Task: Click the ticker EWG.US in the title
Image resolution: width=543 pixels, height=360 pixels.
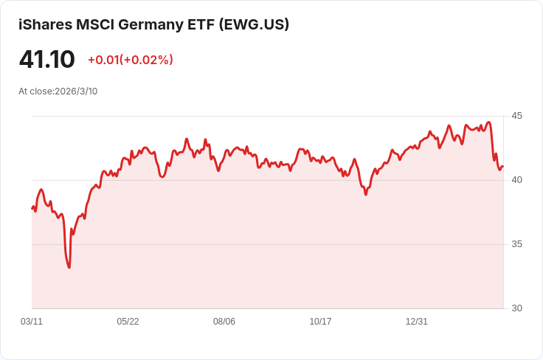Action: (x=253, y=24)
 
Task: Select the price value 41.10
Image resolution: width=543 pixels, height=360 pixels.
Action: (x=46, y=60)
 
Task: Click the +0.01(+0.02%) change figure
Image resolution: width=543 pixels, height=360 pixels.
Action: (x=131, y=60)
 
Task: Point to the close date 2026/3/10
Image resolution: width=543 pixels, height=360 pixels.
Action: (x=76, y=91)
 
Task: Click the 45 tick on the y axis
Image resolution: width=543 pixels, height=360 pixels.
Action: (x=516, y=116)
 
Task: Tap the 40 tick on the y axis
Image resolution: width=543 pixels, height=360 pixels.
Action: (x=516, y=180)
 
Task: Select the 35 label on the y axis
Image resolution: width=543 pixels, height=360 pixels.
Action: (x=516, y=244)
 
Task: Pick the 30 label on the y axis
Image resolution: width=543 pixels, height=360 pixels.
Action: (x=516, y=308)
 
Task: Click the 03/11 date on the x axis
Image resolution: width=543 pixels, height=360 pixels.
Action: (x=32, y=322)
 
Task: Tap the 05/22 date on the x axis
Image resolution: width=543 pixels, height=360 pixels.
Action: (x=128, y=322)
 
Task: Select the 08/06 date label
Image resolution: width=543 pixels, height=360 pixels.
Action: (x=224, y=322)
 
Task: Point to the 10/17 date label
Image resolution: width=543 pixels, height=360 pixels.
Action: (x=320, y=322)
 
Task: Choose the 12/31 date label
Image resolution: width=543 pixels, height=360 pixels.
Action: (x=417, y=322)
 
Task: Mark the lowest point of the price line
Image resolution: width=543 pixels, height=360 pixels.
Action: (x=69, y=268)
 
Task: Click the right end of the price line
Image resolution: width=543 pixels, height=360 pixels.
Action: (x=502, y=167)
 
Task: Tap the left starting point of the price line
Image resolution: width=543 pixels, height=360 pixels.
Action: (x=32, y=209)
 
